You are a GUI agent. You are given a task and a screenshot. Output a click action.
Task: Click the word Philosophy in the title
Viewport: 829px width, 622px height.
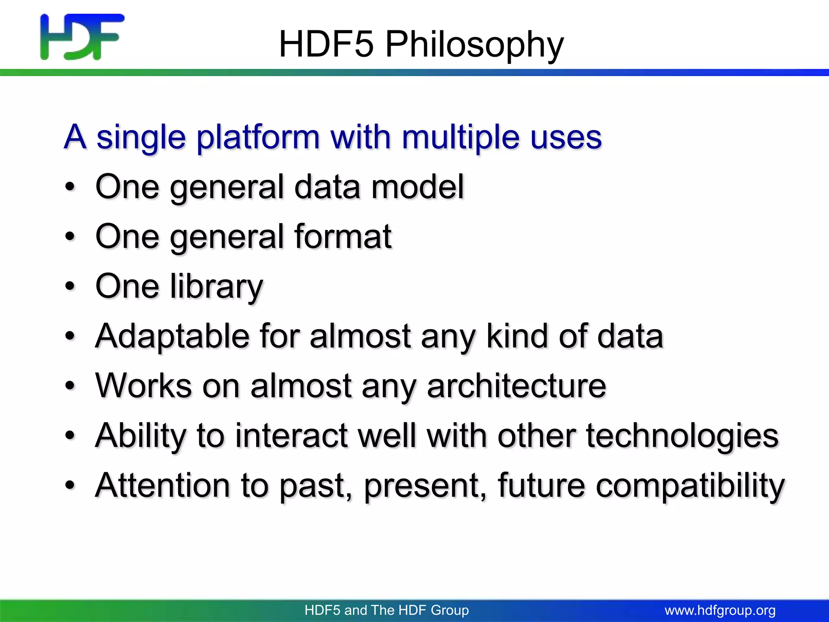point(474,45)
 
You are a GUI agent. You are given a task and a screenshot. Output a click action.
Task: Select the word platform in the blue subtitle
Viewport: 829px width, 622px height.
point(258,138)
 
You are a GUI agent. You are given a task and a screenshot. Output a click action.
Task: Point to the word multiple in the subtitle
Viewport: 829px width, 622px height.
point(460,138)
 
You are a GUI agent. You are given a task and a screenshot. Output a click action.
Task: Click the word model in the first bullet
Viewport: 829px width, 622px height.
point(417,187)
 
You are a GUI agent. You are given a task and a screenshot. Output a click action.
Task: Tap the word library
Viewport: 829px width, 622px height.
point(217,287)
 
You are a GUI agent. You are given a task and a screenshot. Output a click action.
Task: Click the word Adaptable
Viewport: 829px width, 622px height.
point(172,336)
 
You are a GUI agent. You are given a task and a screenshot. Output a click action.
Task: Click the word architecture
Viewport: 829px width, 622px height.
point(517,386)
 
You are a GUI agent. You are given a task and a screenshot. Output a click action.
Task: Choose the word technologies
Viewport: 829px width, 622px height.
point(682,436)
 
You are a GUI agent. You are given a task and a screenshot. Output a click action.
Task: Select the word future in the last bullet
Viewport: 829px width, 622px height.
point(541,485)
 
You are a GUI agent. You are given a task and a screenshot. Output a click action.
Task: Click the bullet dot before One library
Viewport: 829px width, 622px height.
point(70,286)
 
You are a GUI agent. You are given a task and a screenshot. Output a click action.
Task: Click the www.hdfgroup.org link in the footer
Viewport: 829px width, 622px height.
point(720,610)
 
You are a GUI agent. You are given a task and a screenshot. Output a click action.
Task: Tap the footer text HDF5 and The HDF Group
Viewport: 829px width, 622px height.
point(387,610)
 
